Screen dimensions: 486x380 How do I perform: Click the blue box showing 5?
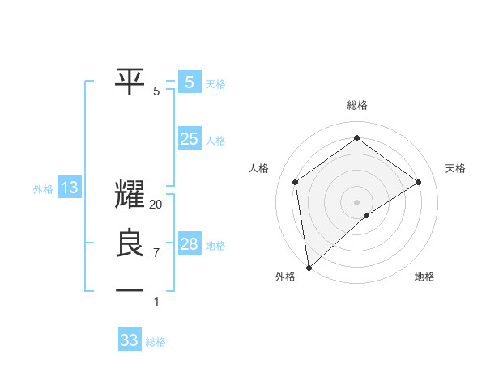[189, 82]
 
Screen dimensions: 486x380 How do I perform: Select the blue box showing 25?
[189, 139]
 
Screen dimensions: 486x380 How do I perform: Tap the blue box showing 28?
[189, 244]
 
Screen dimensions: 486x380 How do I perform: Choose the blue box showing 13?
[70, 188]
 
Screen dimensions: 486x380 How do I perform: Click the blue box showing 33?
[129, 340]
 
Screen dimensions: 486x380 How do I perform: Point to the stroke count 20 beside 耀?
[156, 205]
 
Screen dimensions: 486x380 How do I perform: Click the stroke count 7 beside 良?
[156, 253]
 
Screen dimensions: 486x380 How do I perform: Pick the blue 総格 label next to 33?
[156, 342]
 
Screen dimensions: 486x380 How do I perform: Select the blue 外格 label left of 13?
[43, 190]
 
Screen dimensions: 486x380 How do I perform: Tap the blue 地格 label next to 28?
[215, 246]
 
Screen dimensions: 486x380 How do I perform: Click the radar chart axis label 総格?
[356, 105]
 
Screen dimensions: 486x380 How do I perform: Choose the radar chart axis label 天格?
[455, 168]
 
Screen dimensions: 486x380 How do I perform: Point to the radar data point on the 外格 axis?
[308, 267]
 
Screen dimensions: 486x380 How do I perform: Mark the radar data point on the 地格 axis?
[367, 215]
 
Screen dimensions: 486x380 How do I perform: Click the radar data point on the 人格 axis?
[296, 182]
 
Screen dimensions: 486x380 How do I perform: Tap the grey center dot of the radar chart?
[356, 201]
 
